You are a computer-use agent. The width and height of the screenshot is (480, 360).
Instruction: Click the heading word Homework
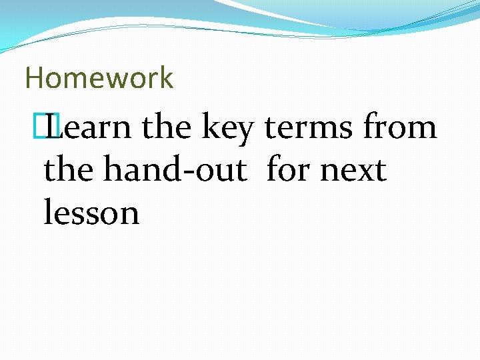click(99, 78)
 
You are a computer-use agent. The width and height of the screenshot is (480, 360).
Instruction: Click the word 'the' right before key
click(167, 127)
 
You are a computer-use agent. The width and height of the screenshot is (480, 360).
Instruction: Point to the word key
click(227, 129)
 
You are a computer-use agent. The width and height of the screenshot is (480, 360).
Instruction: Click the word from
click(399, 127)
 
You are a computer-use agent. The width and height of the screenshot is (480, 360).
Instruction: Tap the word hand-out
click(175, 169)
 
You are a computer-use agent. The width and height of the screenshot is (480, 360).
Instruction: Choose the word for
click(287, 169)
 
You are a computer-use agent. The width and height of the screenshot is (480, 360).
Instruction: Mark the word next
click(353, 171)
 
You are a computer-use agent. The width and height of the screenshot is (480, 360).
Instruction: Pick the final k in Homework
click(166, 78)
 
